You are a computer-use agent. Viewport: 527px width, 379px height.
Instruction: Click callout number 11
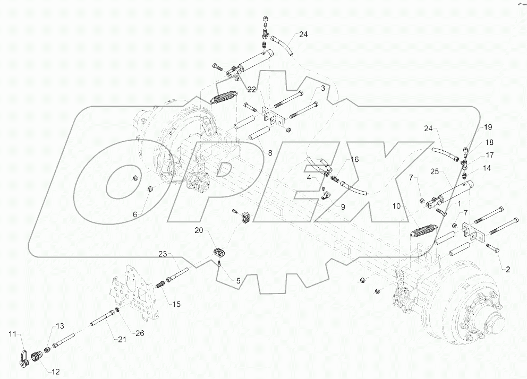pyautogui.click(x=12, y=333)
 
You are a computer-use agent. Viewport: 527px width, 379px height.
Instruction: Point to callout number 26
pyautogui.click(x=140, y=333)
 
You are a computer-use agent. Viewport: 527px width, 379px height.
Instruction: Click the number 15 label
pyautogui.click(x=176, y=304)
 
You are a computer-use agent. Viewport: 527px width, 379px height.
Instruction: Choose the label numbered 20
pyautogui.click(x=199, y=230)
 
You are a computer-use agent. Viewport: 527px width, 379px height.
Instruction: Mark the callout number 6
pyautogui.click(x=135, y=214)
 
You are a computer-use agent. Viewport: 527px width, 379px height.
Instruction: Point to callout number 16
pyautogui.click(x=354, y=159)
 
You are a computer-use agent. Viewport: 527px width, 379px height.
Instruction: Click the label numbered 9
pyautogui.click(x=343, y=207)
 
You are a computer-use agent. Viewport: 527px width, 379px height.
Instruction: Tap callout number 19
pyautogui.click(x=488, y=127)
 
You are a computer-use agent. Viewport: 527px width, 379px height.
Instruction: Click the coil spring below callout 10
pyautogui.click(x=424, y=230)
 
